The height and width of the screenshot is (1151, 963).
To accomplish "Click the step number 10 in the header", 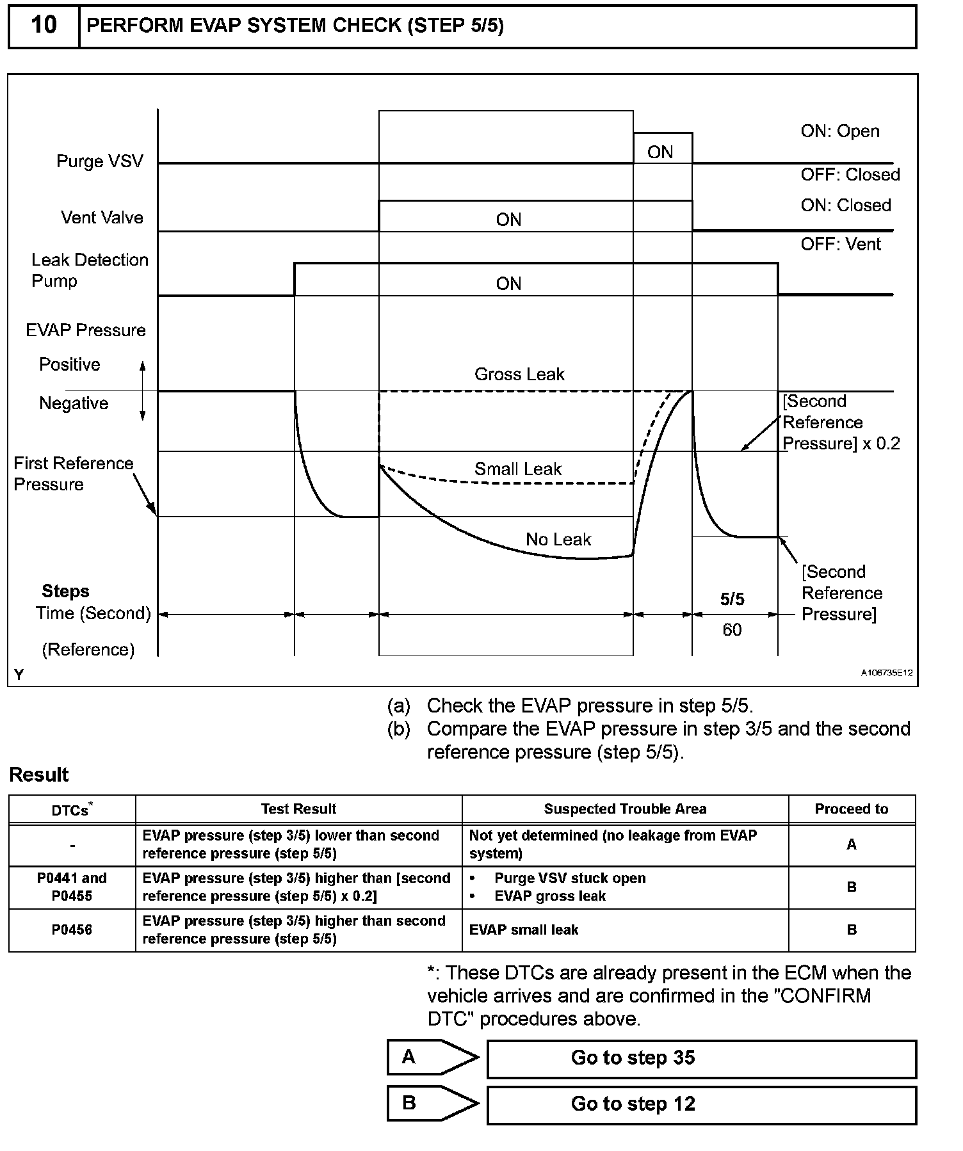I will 44,26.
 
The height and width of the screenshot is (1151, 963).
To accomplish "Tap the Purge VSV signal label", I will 100,161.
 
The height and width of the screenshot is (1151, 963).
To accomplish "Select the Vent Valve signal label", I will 102,218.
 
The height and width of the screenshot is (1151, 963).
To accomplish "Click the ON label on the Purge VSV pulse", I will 660,152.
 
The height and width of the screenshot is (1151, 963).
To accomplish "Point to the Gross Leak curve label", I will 519,374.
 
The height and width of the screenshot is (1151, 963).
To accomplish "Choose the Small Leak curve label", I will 517,469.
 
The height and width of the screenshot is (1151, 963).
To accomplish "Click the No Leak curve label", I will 558,540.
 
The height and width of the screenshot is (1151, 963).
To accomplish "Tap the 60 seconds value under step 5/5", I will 732,631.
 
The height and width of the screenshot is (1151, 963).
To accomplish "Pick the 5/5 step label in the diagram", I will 732,599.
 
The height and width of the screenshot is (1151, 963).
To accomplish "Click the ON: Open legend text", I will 839,131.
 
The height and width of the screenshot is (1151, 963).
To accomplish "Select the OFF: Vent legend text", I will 840,245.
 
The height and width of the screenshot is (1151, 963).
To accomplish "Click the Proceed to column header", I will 851,809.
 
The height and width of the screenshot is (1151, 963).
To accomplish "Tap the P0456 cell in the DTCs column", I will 72,930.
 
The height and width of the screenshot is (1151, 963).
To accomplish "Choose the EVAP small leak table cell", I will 523,930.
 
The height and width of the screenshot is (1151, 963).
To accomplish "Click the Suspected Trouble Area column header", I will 625,809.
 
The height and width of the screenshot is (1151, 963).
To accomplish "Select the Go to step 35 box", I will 701,1058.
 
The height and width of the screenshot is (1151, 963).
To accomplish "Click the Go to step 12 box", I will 701,1104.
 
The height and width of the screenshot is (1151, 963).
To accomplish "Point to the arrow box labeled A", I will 432,1058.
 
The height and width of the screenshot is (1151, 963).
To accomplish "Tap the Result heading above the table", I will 39,775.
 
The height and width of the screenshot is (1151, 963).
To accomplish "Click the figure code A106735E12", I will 886,673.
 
